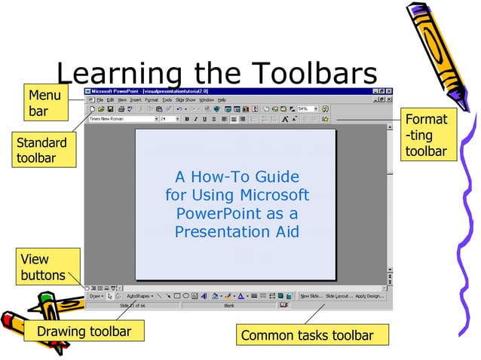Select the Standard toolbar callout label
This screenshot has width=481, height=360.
tap(42, 150)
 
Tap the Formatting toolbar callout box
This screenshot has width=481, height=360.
tap(427, 136)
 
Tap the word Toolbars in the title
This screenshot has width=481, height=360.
tap(313, 73)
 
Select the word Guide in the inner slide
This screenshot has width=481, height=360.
tap(277, 178)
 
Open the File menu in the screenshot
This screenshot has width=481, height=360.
tap(100, 99)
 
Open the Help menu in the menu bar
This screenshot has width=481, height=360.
tap(222, 99)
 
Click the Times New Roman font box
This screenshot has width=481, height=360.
tap(121, 119)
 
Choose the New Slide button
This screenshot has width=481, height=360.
tap(311, 296)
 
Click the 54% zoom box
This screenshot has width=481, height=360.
tap(305, 109)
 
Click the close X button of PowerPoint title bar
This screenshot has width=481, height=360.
tap(388, 91)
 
